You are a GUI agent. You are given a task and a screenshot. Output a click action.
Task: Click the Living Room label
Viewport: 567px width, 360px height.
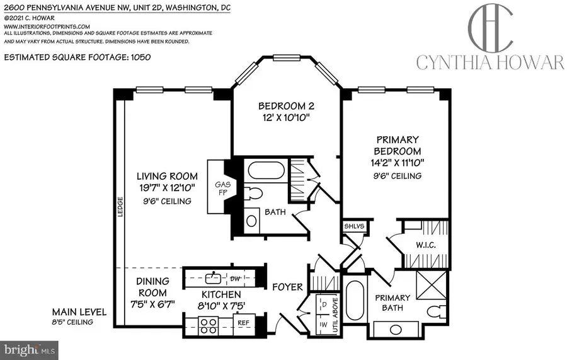point(169,176)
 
